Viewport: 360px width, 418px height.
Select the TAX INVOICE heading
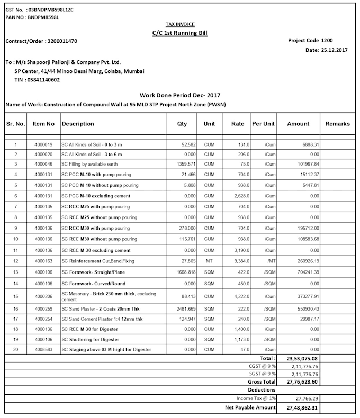179,24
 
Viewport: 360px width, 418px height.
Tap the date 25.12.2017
334,50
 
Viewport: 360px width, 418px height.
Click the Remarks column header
337,124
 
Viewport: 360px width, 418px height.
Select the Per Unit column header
263,124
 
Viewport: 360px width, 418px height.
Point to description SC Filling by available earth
94,165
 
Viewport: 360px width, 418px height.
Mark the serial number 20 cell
16,350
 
